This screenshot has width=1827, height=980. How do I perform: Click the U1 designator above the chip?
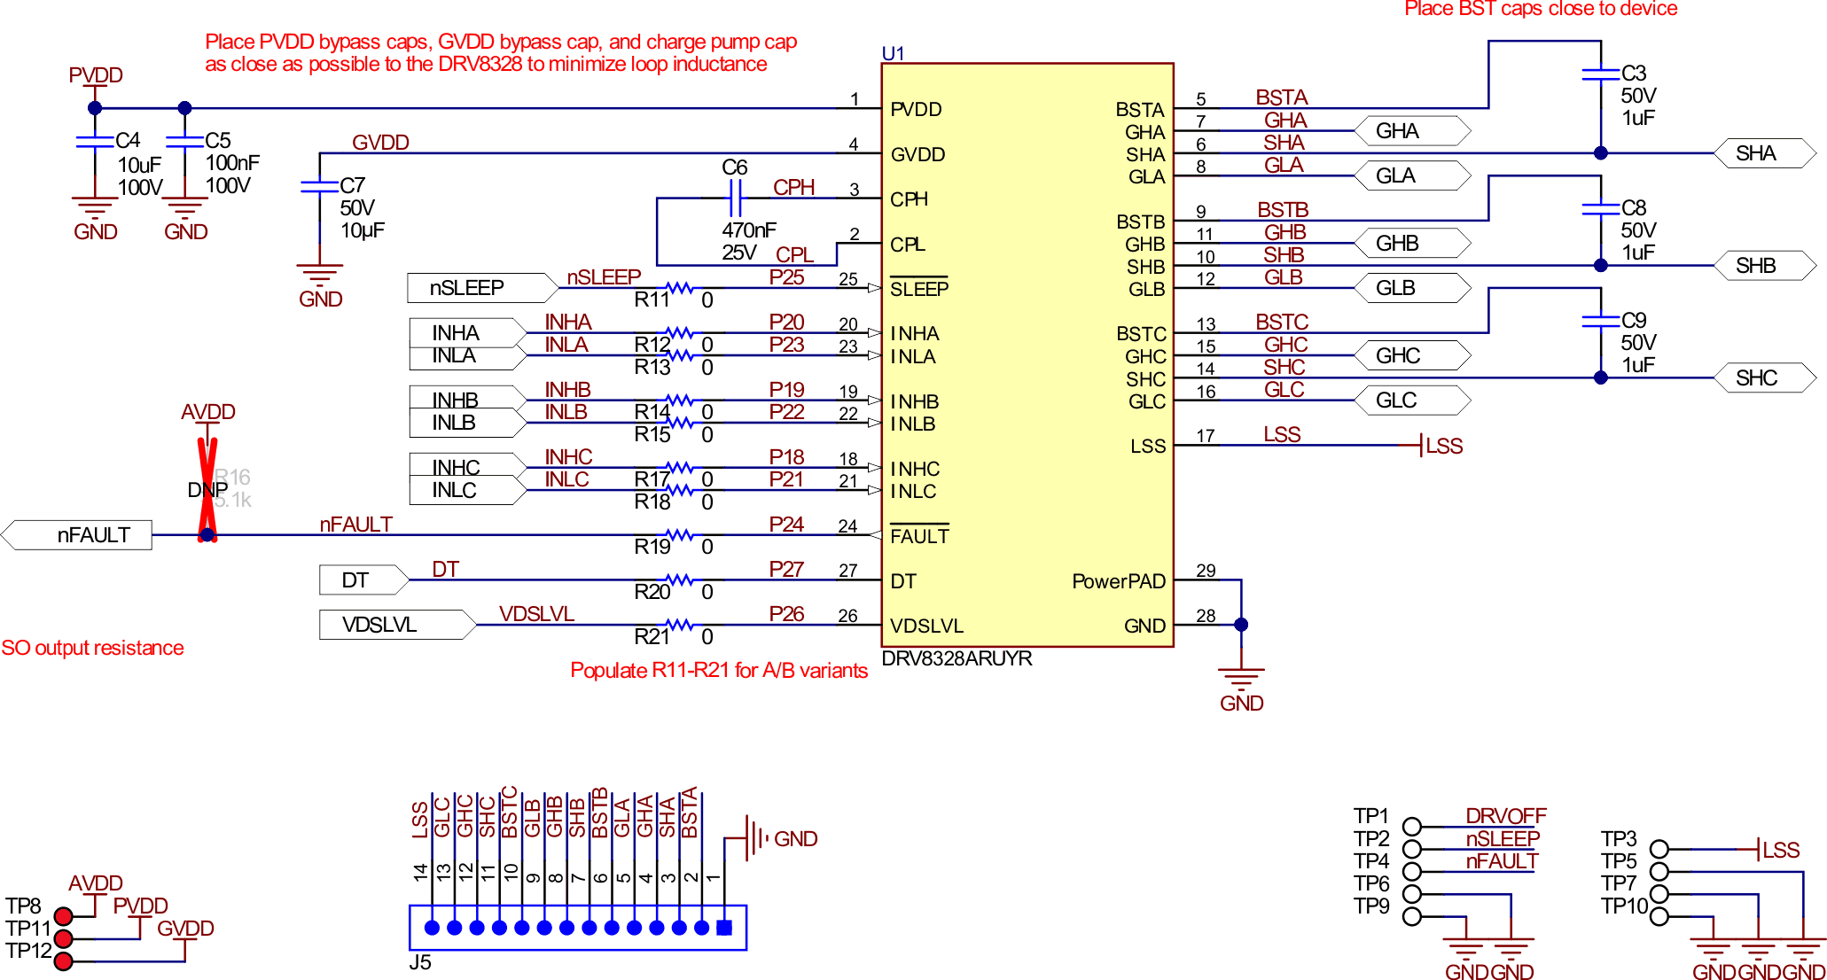(x=893, y=53)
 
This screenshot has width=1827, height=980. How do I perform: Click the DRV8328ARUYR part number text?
(x=956, y=658)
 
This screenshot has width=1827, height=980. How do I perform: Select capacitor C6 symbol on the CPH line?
(x=734, y=198)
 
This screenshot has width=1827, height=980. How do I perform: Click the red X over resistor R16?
(x=207, y=487)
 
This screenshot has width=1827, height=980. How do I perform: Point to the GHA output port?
(x=1410, y=131)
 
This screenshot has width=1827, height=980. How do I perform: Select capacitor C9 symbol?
(x=1600, y=321)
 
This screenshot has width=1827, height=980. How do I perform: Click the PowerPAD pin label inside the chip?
(x=1118, y=581)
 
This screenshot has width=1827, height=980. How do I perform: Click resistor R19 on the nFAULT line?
(x=679, y=535)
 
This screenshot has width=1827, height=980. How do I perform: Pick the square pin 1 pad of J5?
(x=724, y=928)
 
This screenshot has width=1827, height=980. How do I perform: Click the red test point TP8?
(x=63, y=916)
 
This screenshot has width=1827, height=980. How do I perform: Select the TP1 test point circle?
(x=1411, y=827)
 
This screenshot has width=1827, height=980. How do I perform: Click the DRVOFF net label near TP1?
(x=1504, y=815)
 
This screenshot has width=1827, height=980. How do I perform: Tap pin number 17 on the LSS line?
(x=1205, y=436)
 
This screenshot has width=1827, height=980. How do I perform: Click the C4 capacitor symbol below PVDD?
(x=95, y=141)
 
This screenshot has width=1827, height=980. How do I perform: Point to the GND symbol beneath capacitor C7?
(x=319, y=276)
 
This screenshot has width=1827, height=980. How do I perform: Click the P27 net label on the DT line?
(x=785, y=569)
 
